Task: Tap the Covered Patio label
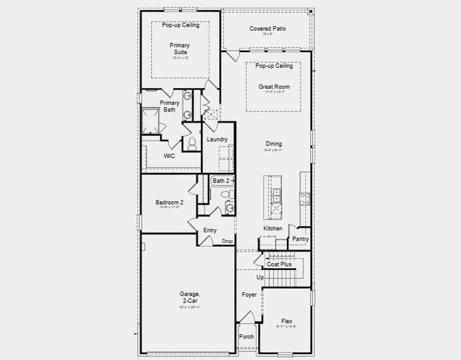pos(267,28)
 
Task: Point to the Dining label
pos(273,144)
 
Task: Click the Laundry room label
pos(217,139)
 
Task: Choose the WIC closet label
pos(170,155)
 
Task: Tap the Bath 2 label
pos(220,181)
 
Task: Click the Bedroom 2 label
pos(169,203)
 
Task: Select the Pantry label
pos(300,239)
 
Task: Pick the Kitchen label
pos(273,229)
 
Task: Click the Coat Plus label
pos(279,264)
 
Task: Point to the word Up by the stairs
pos(260,278)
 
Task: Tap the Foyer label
pos(249,295)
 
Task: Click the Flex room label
pos(286,321)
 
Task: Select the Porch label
pos(247,337)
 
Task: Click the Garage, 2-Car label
pos(190,297)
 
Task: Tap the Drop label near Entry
pos(227,241)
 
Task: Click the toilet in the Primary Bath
pos(193,143)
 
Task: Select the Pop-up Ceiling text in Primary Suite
pos(181,25)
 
